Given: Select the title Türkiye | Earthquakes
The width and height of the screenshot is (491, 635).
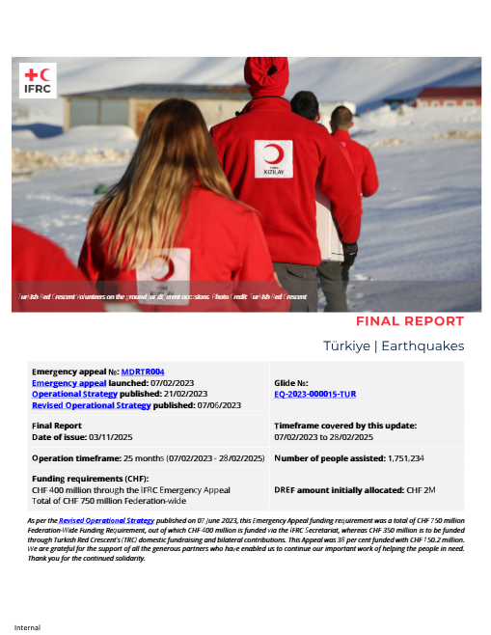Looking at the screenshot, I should click(394, 345).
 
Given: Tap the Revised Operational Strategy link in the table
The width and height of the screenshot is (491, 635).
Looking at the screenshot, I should click(92, 405).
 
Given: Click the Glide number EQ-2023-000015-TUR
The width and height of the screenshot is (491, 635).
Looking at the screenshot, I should click(315, 394).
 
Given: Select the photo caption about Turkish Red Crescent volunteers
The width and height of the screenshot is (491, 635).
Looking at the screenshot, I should click(162, 297).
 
